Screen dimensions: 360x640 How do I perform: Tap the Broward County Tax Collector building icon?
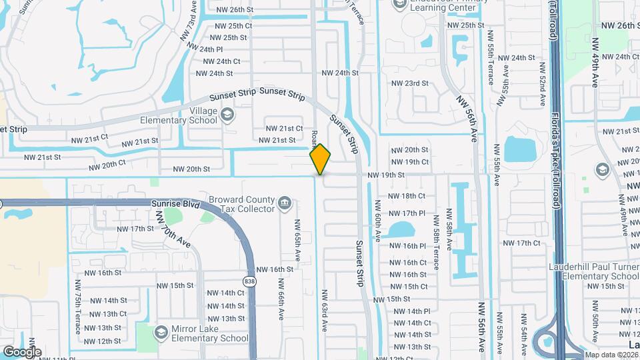tap(285, 202)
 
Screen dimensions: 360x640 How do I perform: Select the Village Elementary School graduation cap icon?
tap(227, 114)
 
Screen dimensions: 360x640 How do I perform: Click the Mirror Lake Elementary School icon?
tap(161, 331)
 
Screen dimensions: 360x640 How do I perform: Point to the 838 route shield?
tap(249, 282)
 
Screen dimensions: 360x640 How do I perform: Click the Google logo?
tap(21, 351)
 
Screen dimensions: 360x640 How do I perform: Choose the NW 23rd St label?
tap(409, 83)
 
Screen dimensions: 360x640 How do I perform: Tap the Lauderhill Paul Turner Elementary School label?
tap(591, 271)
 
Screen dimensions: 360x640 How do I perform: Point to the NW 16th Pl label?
tap(407, 246)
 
